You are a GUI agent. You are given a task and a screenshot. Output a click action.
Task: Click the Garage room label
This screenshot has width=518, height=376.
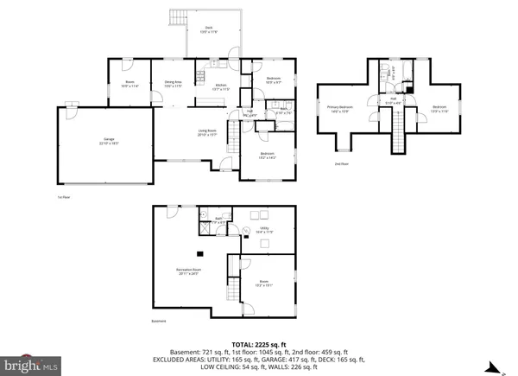(x=109, y=140)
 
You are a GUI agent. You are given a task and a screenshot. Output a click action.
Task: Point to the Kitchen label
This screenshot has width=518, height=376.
(x=220, y=86)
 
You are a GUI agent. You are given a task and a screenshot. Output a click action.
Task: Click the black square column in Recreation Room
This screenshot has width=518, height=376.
(x=199, y=253)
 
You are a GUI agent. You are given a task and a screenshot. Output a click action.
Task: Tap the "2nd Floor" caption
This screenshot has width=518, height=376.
(x=342, y=163)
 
